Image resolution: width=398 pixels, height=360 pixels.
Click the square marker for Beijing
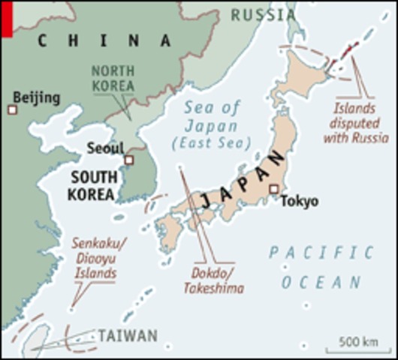click(x=12, y=110)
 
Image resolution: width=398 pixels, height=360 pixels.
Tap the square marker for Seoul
click(x=128, y=160)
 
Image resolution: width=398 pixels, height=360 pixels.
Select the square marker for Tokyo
click(x=274, y=189)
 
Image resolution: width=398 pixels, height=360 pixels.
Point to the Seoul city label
click(x=104, y=148)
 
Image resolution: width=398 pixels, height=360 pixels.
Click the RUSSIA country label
click(x=263, y=14)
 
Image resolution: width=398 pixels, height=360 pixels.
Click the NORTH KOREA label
click(x=113, y=79)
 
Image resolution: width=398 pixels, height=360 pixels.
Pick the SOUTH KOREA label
click(x=94, y=186)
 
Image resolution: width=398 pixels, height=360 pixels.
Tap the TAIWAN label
click(x=128, y=335)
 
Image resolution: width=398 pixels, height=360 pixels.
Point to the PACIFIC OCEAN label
click(x=321, y=267)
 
